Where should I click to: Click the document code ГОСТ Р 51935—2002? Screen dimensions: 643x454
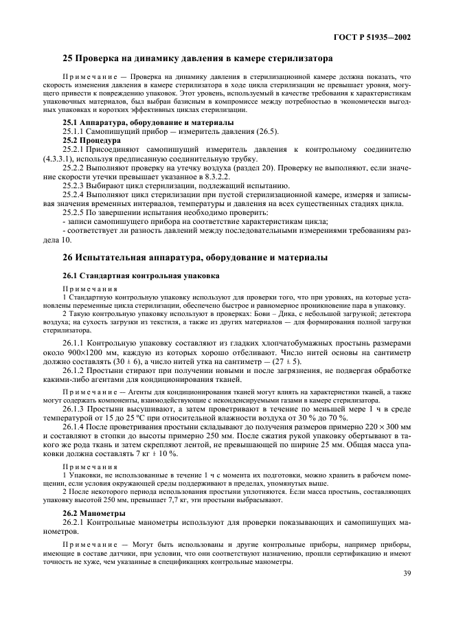tap(373, 37)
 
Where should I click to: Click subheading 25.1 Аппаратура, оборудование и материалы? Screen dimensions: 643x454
tap(148, 122)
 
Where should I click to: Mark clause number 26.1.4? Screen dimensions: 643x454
tap(76, 427)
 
